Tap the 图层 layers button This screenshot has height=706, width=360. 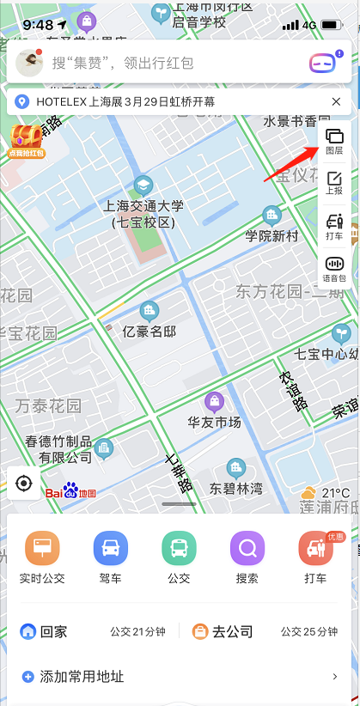point(334,142)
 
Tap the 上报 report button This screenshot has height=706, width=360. point(334,183)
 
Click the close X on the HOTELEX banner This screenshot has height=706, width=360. point(336,101)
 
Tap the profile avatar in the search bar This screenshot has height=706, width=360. point(30,62)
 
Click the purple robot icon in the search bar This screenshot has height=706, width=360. point(322,62)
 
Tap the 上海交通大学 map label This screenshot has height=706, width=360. point(143,205)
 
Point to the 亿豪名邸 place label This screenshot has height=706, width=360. point(149,331)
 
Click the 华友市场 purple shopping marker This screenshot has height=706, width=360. point(213,401)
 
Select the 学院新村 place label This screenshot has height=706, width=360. point(272,234)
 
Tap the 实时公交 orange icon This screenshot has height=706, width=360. point(42,548)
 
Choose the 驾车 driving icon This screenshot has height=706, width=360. point(111,548)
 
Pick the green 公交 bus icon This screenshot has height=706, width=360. point(179,548)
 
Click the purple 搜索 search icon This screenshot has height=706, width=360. point(247,548)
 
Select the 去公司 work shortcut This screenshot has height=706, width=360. point(223,632)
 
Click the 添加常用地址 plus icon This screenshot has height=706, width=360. point(27,677)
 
